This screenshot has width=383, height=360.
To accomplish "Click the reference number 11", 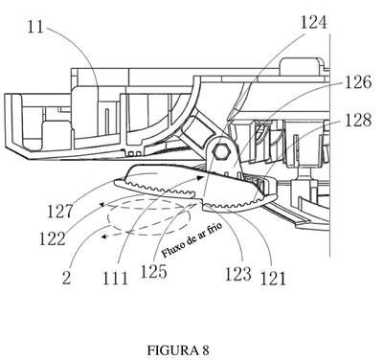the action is [x=35, y=27].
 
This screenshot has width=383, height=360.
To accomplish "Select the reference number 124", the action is [x=313, y=22].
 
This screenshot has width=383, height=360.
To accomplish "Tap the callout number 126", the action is [x=358, y=82].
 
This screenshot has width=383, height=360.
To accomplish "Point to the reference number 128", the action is [x=358, y=121].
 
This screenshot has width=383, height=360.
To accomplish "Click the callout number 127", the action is [x=60, y=212].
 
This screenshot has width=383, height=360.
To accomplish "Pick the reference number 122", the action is [x=53, y=238].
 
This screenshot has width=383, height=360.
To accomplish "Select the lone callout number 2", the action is [x=66, y=278].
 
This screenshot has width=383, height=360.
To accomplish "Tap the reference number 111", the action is [x=115, y=278].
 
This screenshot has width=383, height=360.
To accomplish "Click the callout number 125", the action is [x=154, y=272].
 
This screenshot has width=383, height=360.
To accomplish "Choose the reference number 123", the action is [x=238, y=274].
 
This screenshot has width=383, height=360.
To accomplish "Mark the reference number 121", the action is [x=273, y=278].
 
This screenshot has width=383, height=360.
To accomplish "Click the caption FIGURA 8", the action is [x=178, y=350].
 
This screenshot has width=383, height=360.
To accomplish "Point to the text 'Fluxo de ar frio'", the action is [x=191, y=239].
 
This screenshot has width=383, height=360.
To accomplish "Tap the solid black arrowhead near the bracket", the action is [x=199, y=177].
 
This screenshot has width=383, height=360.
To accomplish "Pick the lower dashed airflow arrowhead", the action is [x=103, y=236].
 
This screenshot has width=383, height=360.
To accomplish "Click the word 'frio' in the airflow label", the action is [x=214, y=229].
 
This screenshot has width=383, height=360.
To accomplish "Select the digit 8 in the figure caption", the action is [x=205, y=350].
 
